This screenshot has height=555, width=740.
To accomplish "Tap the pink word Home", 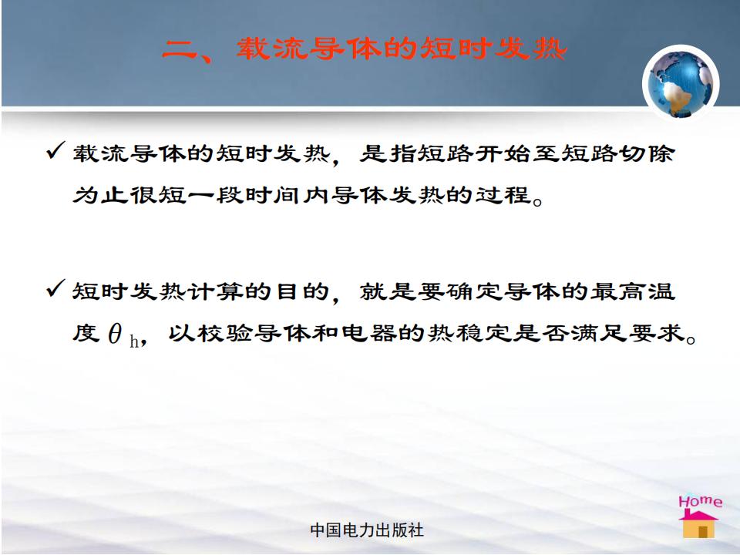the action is [x=701, y=501].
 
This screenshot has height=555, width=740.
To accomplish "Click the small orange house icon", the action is [x=698, y=524].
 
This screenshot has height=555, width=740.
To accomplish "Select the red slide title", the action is [x=363, y=49].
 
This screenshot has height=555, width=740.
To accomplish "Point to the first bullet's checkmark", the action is [x=55, y=150].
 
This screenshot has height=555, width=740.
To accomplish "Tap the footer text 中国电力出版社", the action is [x=367, y=530].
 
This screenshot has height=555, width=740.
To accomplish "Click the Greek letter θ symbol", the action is [x=115, y=333].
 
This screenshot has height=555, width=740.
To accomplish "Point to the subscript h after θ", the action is [x=134, y=341].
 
